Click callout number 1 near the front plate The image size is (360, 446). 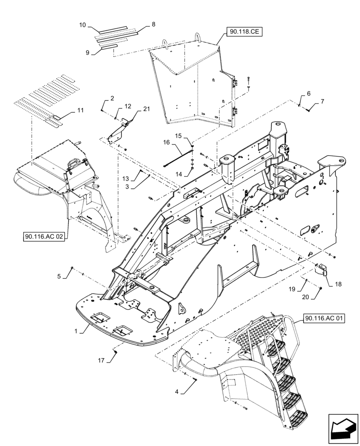click(x=77, y=331)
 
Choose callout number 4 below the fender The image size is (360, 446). click(x=177, y=392)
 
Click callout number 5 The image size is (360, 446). click(x=59, y=277)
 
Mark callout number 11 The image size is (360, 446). click(x=80, y=110)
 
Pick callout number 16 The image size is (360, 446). click(x=166, y=142)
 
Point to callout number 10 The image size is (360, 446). click(x=82, y=25)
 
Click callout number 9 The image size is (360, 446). click(x=87, y=53)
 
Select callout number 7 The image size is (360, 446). click(x=322, y=102)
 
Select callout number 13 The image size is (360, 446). click(x=126, y=179)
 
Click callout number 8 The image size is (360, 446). click(x=154, y=25)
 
